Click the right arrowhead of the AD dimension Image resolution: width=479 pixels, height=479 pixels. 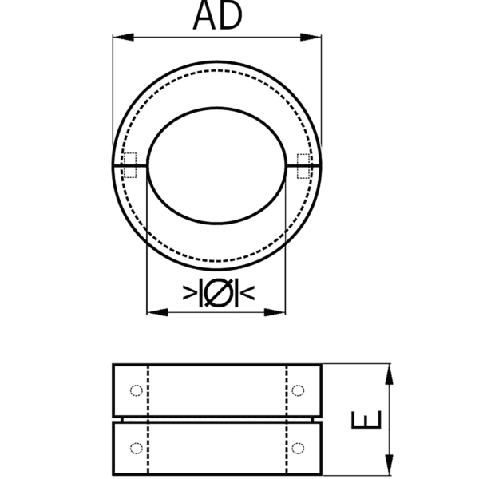click(315, 36)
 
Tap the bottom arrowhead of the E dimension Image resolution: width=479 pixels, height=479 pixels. click(389, 467)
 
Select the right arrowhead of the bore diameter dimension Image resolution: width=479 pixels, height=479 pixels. click(279, 311)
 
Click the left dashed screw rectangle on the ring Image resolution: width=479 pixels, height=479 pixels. click(129, 165)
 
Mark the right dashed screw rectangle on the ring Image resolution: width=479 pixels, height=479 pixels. click(303, 165)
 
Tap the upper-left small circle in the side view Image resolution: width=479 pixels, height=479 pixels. click(136, 390)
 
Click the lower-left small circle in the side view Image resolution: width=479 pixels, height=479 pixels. click(136, 446)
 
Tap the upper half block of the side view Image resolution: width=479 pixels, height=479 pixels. click(216, 390)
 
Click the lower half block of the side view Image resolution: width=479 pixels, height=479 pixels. click(216, 446)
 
